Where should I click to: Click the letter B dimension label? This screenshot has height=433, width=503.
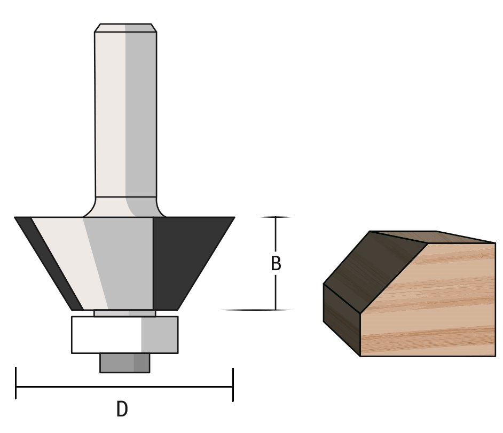tap(276, 264)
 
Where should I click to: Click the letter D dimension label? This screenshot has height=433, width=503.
tap(122, 410)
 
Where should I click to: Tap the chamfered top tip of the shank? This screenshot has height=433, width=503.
tap(125, 28)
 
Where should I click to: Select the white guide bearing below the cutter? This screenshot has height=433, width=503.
tap(107, 335)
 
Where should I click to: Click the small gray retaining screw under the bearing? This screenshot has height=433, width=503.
tap(124, 363)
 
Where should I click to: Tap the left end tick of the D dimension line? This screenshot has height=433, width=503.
tap(16, 383)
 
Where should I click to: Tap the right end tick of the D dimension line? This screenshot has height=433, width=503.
tap(233, 384)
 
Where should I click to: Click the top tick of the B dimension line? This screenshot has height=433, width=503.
tap(276, 217)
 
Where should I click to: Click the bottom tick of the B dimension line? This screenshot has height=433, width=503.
tap(276, 310)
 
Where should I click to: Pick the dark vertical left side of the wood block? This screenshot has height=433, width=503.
tap(342, 320)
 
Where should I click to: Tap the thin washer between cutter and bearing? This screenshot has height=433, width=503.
tap(124, 313)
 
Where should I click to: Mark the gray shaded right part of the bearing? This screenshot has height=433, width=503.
tap(159, 335)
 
